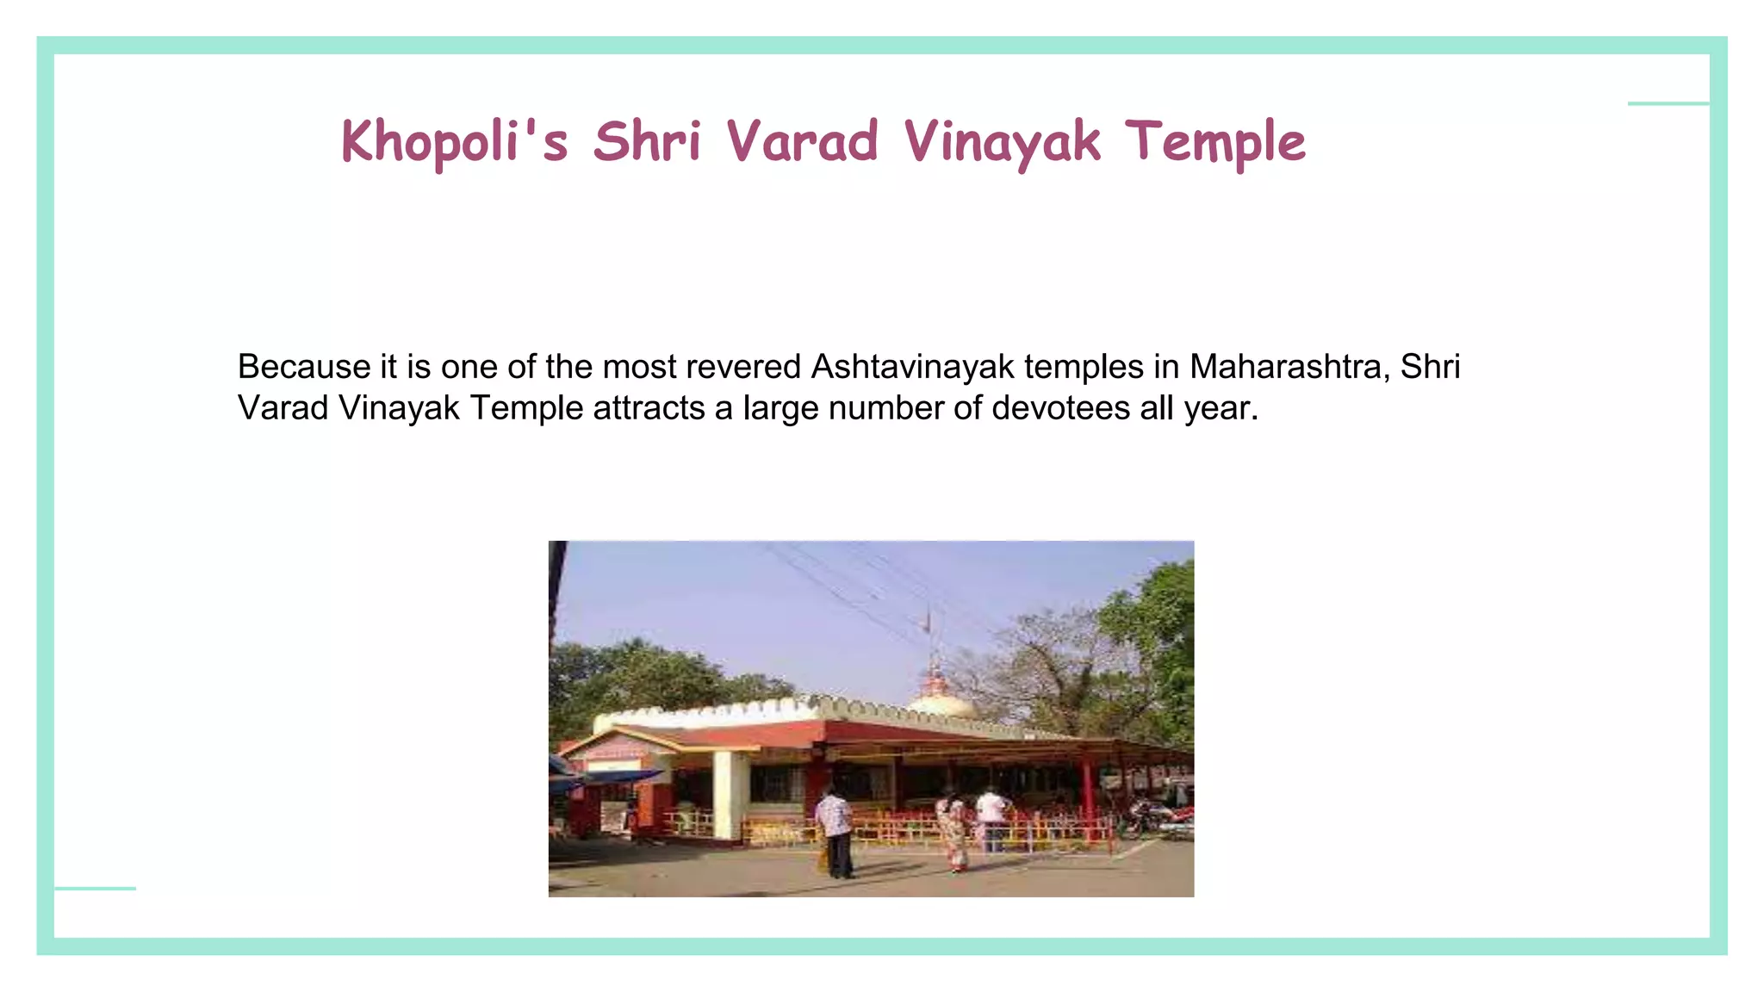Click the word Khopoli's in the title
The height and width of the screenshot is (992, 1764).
coord(454,142)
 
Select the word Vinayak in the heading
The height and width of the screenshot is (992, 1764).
coord(1002,142)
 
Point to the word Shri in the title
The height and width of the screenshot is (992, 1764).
coord(647,140)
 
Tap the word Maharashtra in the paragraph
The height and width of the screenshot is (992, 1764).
coord(1289,367)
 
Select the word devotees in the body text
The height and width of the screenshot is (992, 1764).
coord(1060,408)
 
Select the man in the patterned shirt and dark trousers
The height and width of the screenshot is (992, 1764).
coord(835,831)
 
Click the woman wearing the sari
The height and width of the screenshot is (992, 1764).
coord(954,832)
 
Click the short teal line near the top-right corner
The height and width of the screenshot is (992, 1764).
coord(1668,104)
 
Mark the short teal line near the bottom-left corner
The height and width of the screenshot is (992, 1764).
coord(95,888)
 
